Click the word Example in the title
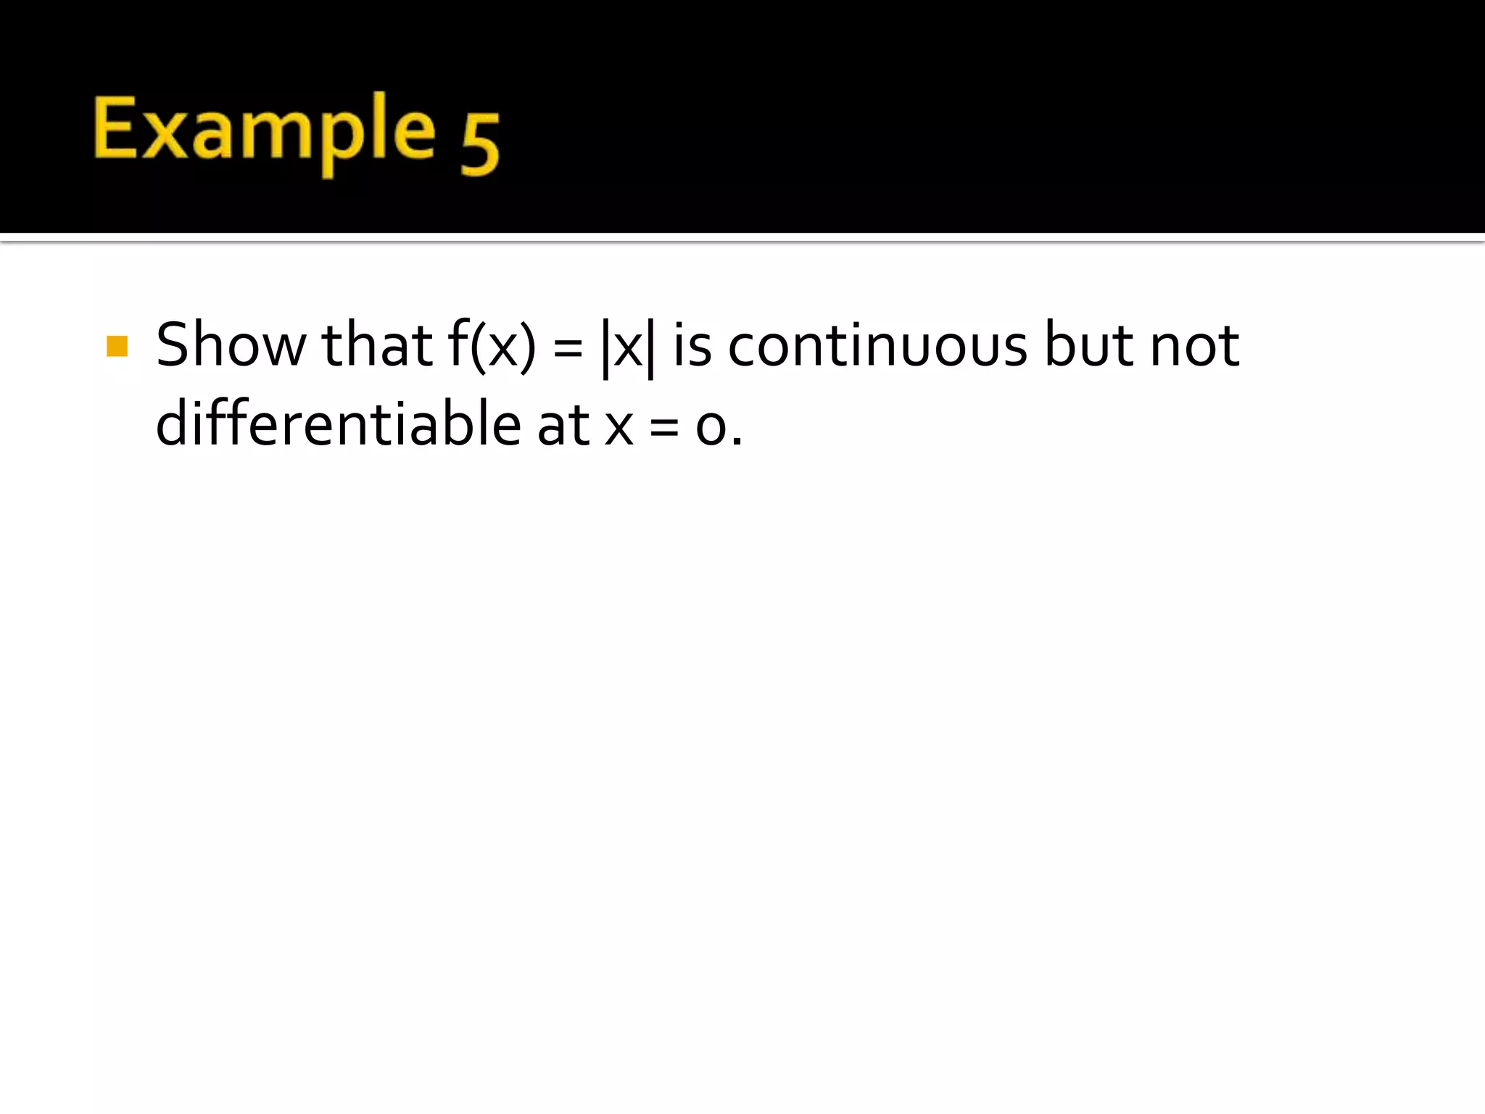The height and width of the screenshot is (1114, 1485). click(x=265, y=131)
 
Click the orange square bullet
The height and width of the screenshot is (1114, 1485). click(x=117, y=346)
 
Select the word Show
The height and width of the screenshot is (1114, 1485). click(x=231, y=345)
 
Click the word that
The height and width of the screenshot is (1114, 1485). click(x=377, y=345)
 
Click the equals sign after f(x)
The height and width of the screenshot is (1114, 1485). click(x=568, y=348)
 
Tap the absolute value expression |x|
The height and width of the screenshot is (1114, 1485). click(x=628, y=348)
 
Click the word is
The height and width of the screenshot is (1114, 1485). click(x=692, y=345)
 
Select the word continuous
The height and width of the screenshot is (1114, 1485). click(x=877, y=345)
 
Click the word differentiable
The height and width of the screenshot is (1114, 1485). click(x=338, y=424)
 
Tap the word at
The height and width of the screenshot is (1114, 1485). click(x=563, y=425)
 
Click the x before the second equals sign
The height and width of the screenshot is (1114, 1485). click(x=619, y=428)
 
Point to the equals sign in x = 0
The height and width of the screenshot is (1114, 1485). click(x=664, y=428)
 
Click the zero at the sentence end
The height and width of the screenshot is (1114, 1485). click(x=711, y=428)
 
